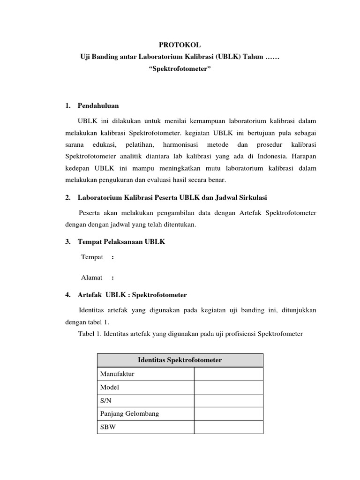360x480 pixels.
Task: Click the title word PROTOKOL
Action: click(180, 45)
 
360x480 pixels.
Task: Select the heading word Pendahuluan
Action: click(98, 106)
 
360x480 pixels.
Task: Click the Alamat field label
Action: click(92, 277)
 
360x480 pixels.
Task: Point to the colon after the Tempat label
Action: click(113, 257)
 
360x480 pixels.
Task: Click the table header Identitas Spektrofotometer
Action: click(180, 360)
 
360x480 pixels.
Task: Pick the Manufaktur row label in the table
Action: click(117, 374)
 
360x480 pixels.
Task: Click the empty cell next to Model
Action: click(228, 387)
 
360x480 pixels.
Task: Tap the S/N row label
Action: click(105, 401)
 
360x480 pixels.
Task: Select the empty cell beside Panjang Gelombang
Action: click(228, 414)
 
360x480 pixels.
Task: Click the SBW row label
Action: click(107, 427)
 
